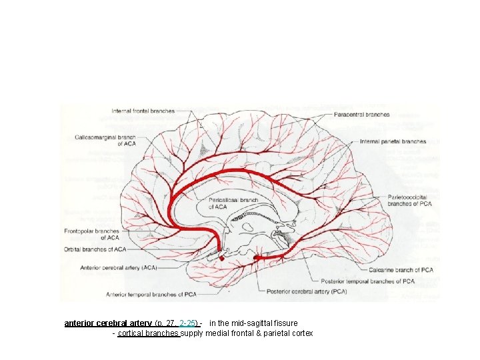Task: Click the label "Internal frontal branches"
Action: tap(143, 111)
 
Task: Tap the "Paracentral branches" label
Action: tap(362, 115)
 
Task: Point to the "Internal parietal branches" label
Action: tap(393, 141)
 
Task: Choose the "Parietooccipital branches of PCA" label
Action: tap(411, 201)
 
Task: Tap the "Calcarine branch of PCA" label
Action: tap(401, 270)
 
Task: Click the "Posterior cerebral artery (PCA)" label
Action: tap(306, 291)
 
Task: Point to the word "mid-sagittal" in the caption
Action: tap(249, 323)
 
